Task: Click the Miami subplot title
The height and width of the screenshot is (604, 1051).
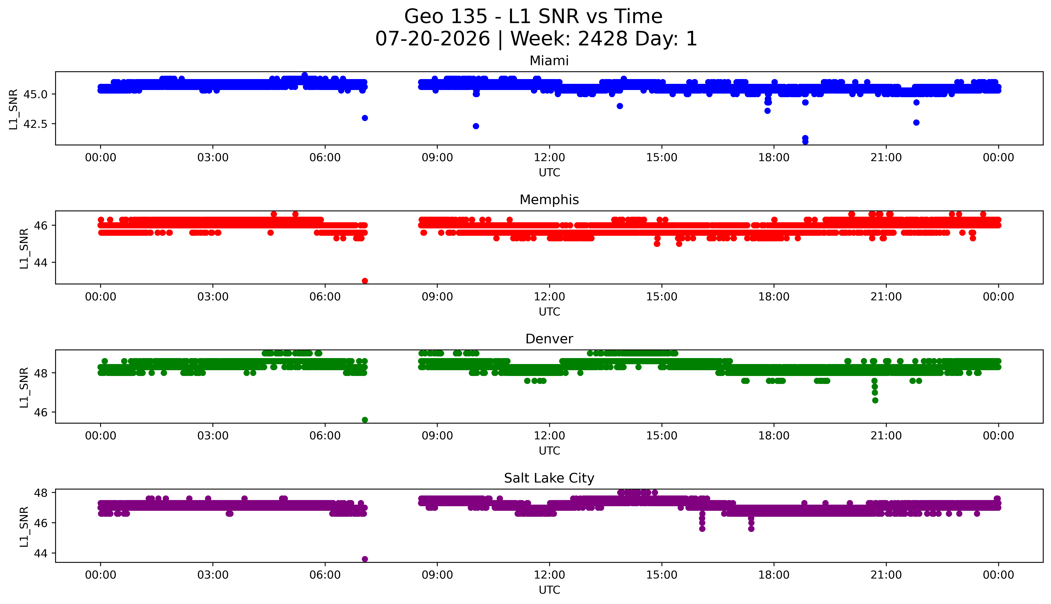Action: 549,61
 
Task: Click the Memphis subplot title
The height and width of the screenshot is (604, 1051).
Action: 549,200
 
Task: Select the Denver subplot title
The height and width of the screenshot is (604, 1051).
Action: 549,339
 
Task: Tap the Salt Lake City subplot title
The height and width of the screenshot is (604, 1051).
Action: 549,478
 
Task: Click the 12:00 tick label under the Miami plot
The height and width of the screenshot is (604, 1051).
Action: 550,158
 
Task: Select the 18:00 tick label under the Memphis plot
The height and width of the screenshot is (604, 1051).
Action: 774,297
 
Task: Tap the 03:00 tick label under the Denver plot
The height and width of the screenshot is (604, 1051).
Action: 213,436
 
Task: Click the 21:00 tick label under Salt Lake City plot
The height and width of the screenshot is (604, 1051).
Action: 886,575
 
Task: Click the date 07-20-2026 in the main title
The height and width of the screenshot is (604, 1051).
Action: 433,39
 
